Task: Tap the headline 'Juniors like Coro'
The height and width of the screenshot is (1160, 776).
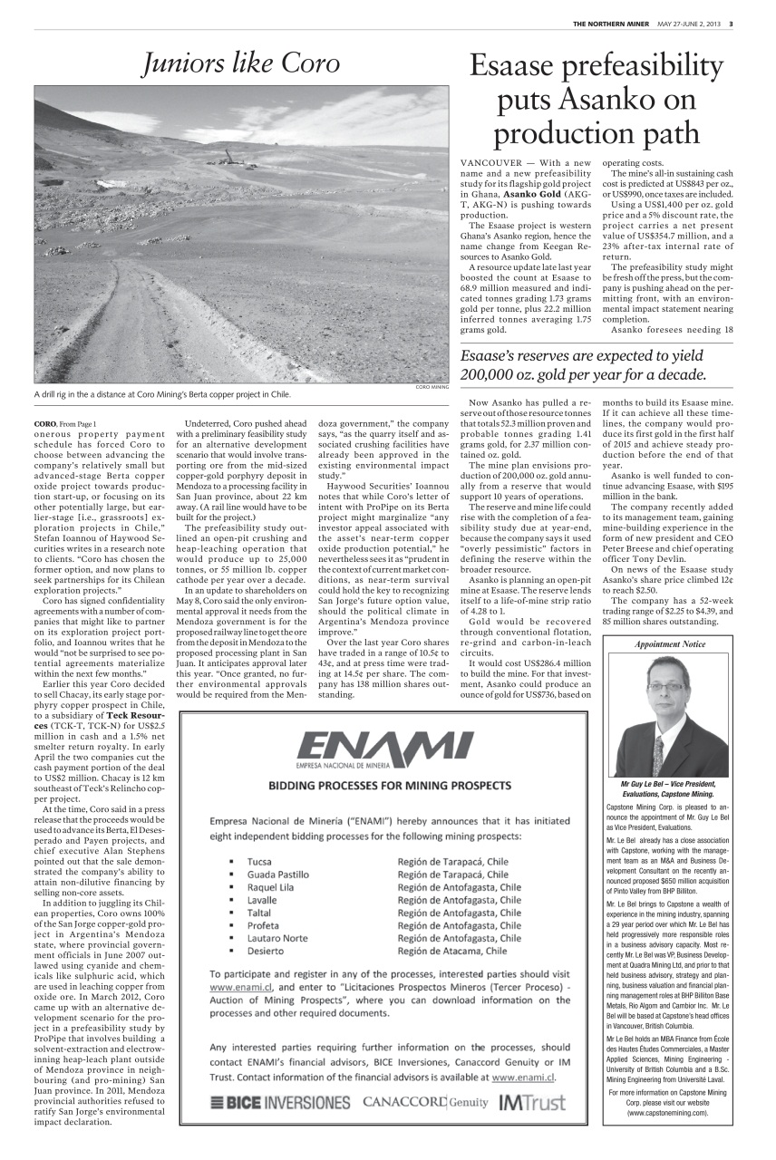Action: (241, 63)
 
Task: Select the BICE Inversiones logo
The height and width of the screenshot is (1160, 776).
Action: (280, 1102)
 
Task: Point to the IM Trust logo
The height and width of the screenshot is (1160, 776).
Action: (531, 1102)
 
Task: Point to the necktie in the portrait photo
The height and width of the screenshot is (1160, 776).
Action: (658, 752)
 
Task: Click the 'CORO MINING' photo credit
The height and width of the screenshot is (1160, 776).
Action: (432, 387)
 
